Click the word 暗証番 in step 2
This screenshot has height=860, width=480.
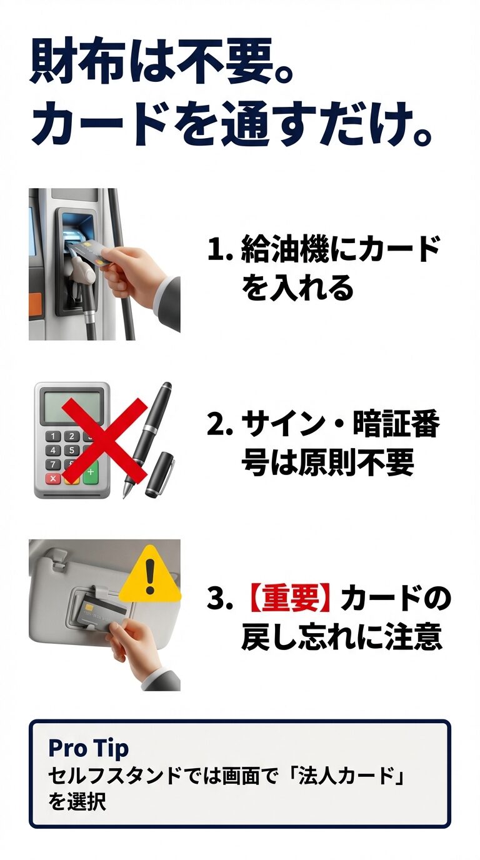(400, 426)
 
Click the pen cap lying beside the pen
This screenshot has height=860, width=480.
(160, 474)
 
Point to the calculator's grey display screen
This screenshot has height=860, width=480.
(72, 404)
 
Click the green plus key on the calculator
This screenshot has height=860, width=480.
(91, 471)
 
